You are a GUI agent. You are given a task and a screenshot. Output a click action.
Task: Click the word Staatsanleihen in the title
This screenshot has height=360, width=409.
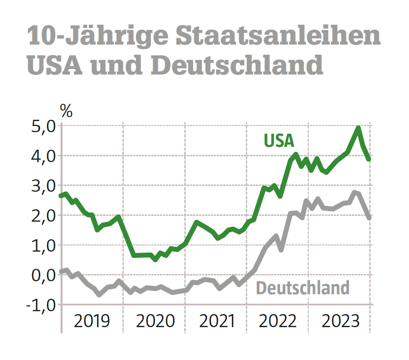coord(278,36)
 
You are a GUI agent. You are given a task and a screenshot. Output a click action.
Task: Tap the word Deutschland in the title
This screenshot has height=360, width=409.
coord(237,65)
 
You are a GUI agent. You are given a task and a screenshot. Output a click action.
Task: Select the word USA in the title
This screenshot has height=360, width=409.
coord(54,65)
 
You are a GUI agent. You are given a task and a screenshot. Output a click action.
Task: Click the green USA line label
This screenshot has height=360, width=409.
coord(279,141)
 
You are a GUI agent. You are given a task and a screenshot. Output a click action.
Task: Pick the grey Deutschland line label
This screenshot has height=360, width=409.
coord(303,288)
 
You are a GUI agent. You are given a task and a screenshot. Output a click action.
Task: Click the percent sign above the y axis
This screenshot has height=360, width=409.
coord(66,111)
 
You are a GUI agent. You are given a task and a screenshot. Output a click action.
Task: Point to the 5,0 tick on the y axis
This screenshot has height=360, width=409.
coord(44,127)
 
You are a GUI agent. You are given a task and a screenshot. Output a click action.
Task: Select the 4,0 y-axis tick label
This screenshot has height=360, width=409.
coord(44,156)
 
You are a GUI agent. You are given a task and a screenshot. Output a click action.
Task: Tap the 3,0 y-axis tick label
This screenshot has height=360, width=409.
coord(44,186)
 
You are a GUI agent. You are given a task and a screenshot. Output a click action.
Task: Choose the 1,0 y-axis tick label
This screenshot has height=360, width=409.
coord(44,246)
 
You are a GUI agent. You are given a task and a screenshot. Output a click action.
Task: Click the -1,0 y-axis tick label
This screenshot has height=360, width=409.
coord(41,305)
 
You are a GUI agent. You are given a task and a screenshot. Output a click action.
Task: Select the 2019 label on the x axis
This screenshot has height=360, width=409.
coord(92,321)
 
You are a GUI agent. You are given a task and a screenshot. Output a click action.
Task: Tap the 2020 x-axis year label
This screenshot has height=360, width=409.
coord(155,321)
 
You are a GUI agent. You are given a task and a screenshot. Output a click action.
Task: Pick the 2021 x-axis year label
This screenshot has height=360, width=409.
coord(217,321)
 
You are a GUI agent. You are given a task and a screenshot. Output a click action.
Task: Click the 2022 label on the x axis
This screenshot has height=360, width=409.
coord(277,321)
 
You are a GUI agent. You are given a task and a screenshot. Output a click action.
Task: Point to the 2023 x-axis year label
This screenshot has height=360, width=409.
coord(340,321)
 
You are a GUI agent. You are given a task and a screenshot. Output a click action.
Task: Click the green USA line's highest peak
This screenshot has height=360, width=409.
coord(358,128)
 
